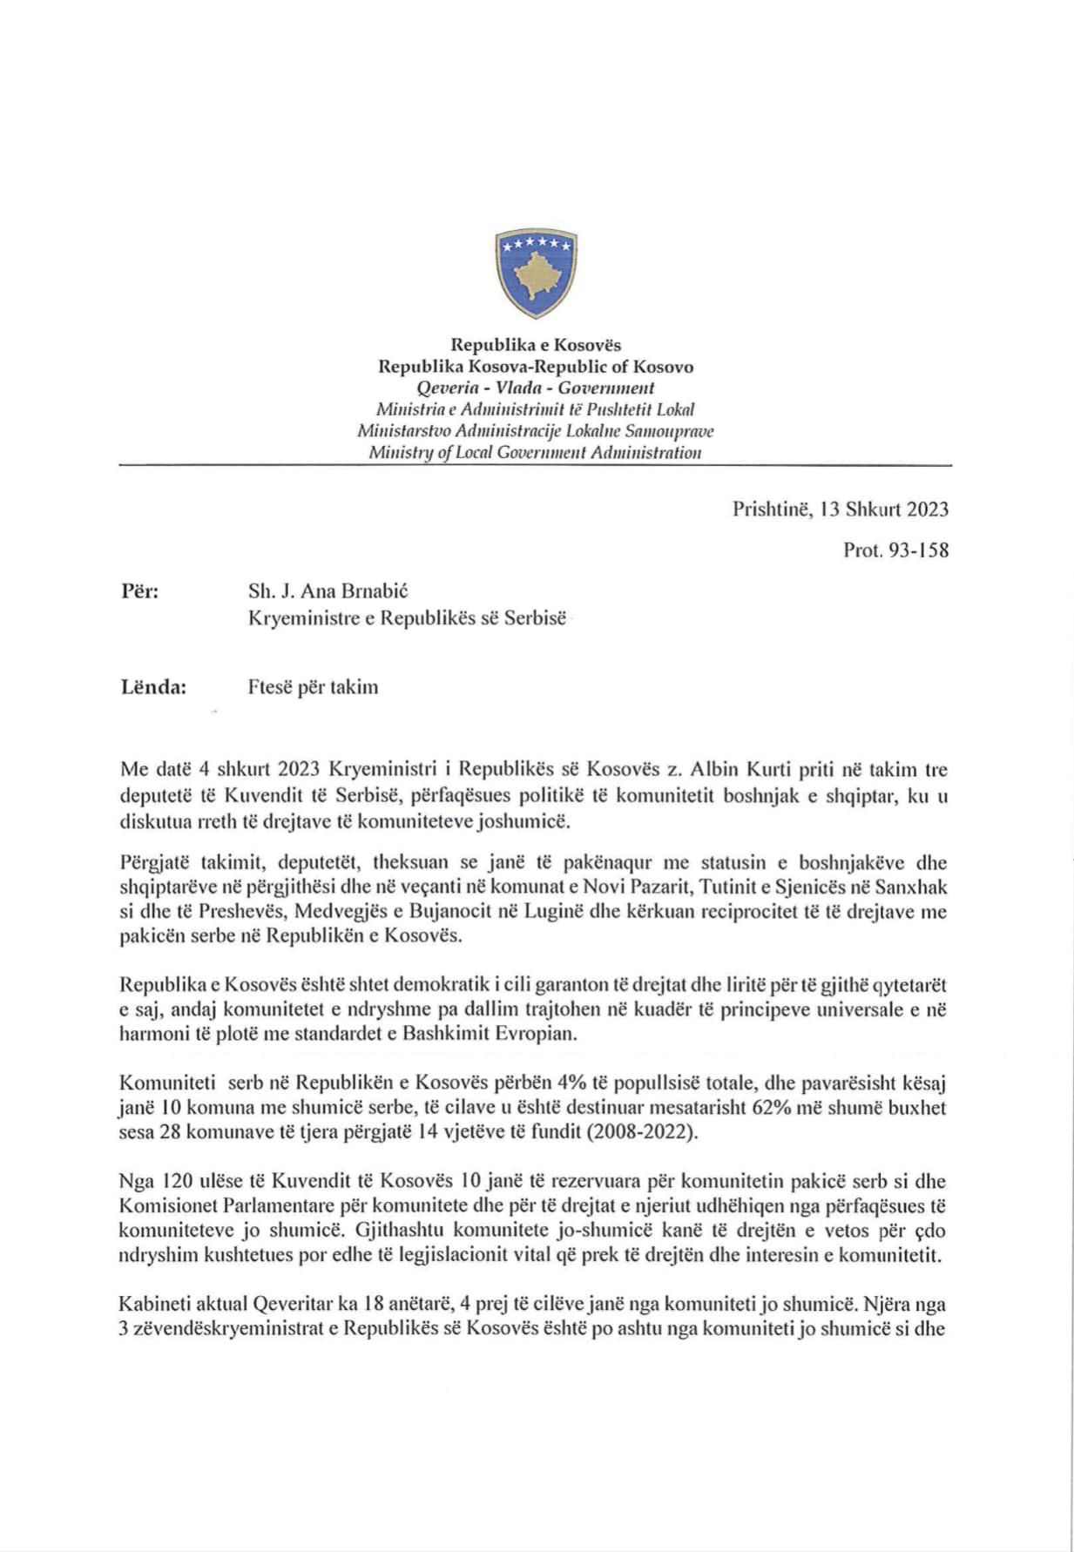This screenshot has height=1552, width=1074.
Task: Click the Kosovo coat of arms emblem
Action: tap(536, 274)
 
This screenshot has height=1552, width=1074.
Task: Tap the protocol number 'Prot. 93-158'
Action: tap(895, 550)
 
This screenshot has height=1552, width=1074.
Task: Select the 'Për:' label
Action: tap(139, 591)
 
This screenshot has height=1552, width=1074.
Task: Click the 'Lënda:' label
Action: tap(153, 686)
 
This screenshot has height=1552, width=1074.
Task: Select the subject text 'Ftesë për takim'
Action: tap(313, 687)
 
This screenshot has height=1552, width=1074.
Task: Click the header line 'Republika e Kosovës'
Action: tap(535, 345)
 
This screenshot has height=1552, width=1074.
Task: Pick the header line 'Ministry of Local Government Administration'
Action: tap(535, 452)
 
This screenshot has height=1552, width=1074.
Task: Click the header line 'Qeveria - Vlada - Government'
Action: tap(535, 388)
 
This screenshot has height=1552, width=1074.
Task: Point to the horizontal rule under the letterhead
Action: tap(535, 467)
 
